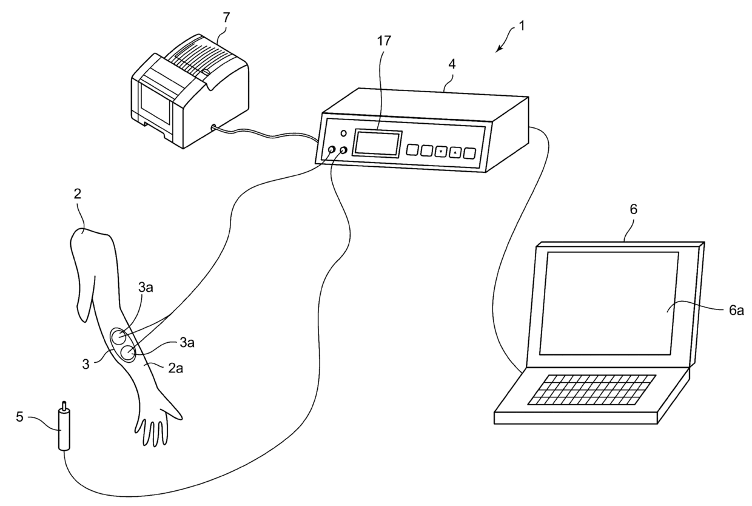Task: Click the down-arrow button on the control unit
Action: [x=441, y=151]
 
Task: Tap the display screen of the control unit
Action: [x=377, y=144]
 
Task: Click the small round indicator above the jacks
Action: [x=343, y=133]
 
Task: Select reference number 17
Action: [x=383, y=41]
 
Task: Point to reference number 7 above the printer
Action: [x=226, y=17]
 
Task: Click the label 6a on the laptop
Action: [x=736, y=310]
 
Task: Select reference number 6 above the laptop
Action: [x=633, y=209]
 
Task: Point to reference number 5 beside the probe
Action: [x=20, y=417]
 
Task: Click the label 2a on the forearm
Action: [x=175, y=368]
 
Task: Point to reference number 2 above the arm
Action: [x=77, y=195]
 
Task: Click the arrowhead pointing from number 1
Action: [x=499, y=49]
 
